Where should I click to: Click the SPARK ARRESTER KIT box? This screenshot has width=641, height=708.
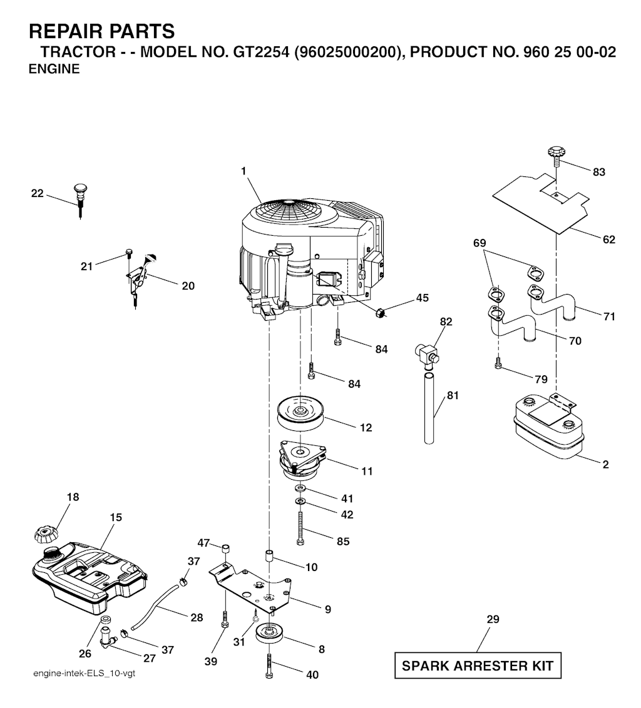[478, 665]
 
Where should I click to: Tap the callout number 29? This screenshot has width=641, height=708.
[493, 619]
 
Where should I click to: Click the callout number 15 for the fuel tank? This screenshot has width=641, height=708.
[116, 517]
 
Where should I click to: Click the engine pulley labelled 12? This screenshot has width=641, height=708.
[300, 413]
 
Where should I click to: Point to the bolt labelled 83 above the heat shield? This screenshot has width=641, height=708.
[556, 156]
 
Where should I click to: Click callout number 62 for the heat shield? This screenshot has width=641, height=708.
[609, 240]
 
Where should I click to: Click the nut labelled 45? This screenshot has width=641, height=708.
[380, 312]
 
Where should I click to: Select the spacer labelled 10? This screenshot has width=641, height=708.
[269, 555]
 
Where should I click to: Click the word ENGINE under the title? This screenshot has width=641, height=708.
[54, 69]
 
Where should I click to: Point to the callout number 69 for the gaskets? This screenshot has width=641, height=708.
[479, 243]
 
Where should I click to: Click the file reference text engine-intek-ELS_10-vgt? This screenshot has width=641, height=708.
[84, 674]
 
